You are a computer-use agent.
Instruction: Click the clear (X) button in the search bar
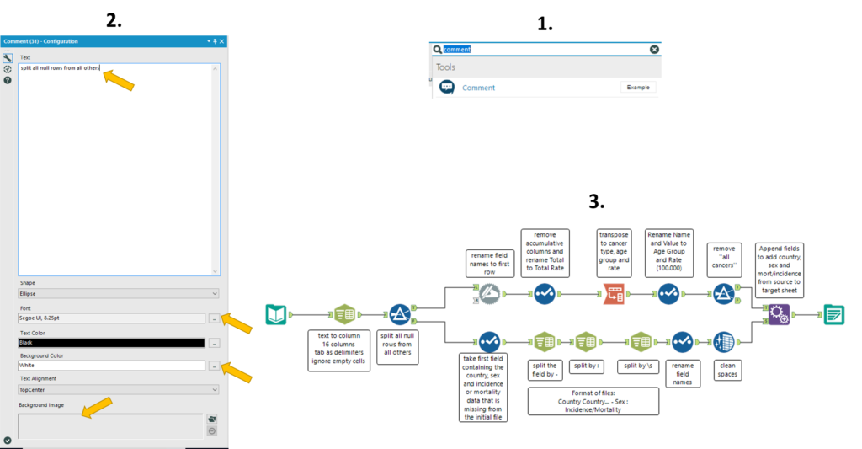pos(654,50)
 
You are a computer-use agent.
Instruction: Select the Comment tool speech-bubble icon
pos(447,87)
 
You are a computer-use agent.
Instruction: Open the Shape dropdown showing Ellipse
pos(119,294)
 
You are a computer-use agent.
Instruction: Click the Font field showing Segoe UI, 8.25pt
pos(112,318)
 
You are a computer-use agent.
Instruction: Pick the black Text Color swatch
pos(112,343)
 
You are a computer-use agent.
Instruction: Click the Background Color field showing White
pos(112,366)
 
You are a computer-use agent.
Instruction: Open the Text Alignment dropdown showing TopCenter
pos(119,389)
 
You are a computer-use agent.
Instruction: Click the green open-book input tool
pos(276,315)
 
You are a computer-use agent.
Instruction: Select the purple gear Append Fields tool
pos(779,315)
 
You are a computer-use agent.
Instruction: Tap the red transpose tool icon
pos(614,294)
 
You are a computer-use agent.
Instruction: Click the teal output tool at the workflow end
pos(834,315)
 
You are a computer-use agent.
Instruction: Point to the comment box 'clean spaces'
pos(727,370)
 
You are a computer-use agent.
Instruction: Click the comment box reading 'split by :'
pos(587,366)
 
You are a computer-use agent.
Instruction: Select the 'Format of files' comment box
pos(593,401)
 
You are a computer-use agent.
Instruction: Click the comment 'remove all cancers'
pos(724,257)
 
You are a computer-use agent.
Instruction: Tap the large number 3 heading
pos(597,201)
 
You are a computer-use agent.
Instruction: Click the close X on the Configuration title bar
pos(222,41)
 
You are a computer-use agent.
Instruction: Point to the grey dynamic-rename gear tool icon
pos(489,294)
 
